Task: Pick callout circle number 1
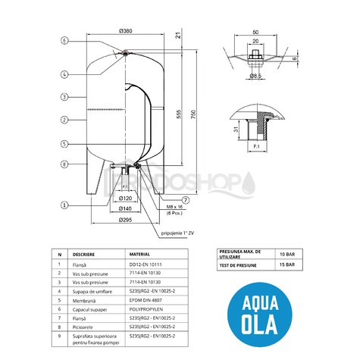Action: coord(65,204)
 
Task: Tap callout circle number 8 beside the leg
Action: coord(65,164)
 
